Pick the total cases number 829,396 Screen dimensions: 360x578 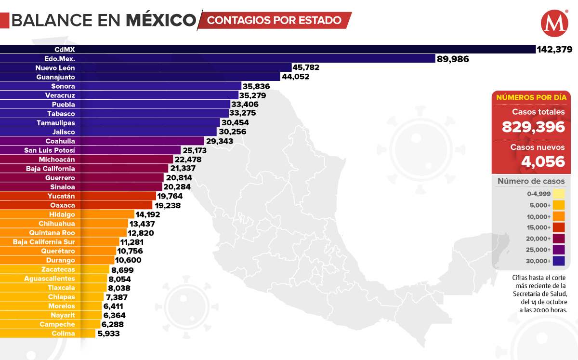(533, 127)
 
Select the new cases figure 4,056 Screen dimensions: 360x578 (543, 161)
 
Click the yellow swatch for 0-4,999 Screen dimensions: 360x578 (559, 194)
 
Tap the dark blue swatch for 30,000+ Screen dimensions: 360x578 (559, 261)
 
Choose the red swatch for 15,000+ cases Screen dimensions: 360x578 (559, 227)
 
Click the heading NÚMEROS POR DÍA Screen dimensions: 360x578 (530, 97)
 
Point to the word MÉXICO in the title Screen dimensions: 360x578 (161, 20)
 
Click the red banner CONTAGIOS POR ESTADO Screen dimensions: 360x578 (275, 20)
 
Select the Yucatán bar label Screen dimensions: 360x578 (61, 196)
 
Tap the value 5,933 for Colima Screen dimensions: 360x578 (108, 333)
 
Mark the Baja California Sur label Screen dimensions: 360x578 (44, 242)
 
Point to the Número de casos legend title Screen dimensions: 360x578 (531, 181)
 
